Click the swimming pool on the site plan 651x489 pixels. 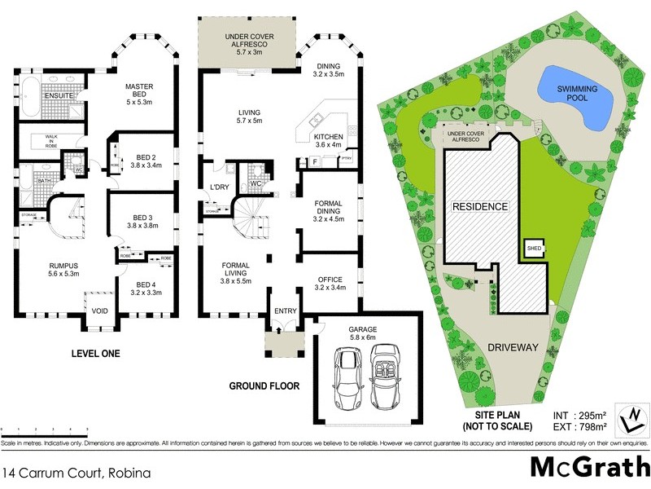pyautogui.click(x=575, y=96)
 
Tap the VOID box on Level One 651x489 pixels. pyautogui.click(x=99, y=311)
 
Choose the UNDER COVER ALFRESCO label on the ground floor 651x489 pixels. pyautogui.click(x=249, y=43)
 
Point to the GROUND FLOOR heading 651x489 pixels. pyautogui.click(x=264, y=385)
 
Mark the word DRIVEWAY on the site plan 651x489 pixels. pyautogui.click(x=513, y=347)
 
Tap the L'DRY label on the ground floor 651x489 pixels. pyautogui.click(x=220, y=188)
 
